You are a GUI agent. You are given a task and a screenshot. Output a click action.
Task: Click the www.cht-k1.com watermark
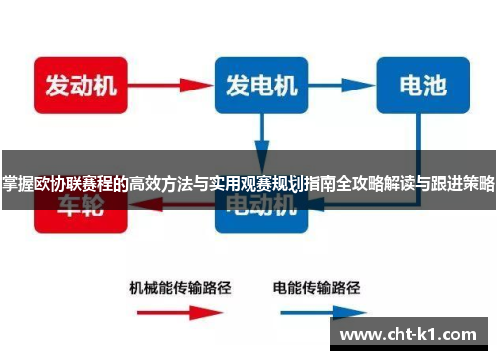tap(413, 334)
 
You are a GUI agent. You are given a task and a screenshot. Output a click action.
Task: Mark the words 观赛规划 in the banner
tap(275, 183)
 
